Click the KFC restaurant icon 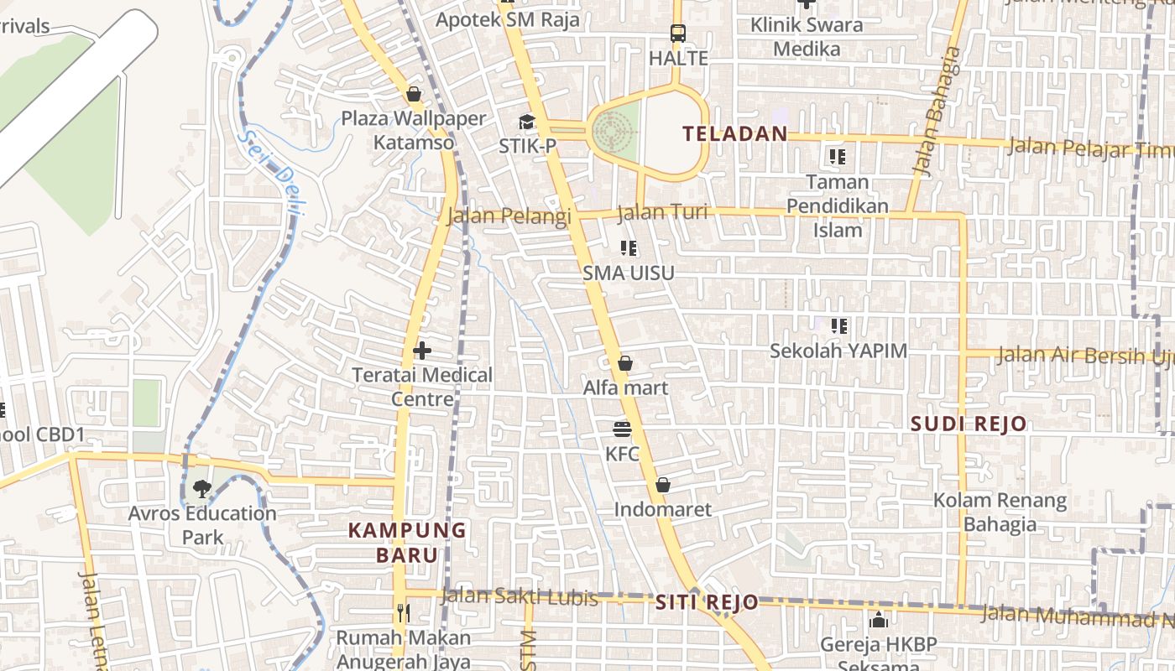pos(622,429)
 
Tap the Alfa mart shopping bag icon pos(625,363)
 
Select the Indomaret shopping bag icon pos(663,485)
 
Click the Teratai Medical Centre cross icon pos(422,350)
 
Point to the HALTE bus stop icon pos(678,34)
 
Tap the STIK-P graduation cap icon pos(527,122)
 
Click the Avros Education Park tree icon pos(201,488)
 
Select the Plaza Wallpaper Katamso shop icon pos(413,94)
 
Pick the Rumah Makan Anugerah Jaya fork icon pos(404,613)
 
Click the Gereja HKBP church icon pos(879,621)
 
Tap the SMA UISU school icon pos(629,248)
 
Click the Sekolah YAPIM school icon pos(838,325)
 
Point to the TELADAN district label pos(735,133)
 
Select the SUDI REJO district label pos(969,424)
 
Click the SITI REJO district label pos(707,602)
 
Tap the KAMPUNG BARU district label pos(407,542)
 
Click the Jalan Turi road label pos(662,213)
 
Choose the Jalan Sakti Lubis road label pos(520,597)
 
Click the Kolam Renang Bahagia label pos(1000,512)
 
